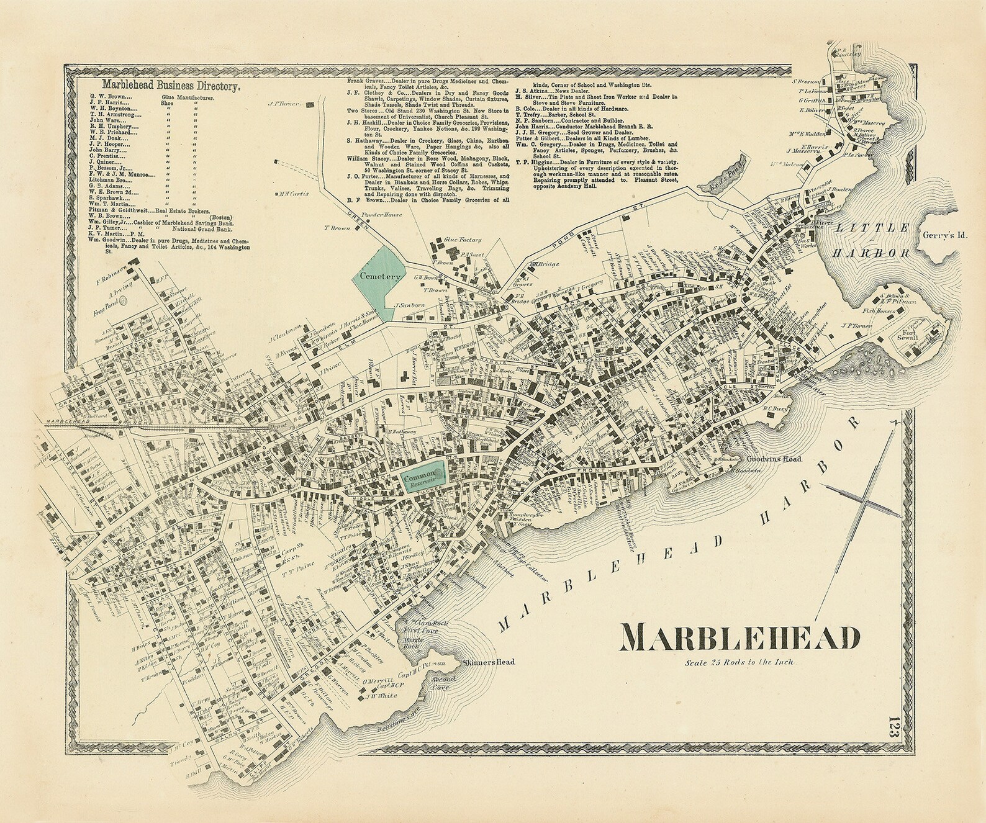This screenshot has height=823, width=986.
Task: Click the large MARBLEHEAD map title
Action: (x=741, y=637)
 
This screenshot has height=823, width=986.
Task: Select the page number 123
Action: (x=894, y=725)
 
